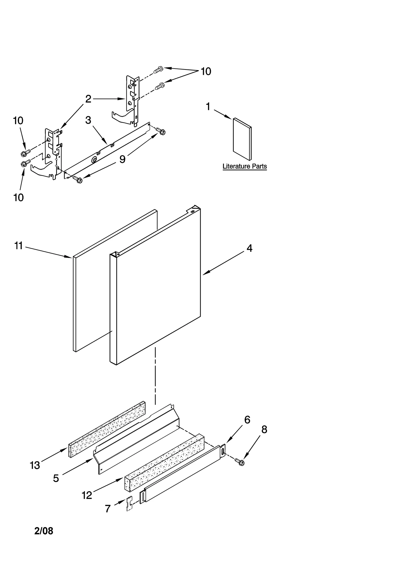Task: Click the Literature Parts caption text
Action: pos(244,166)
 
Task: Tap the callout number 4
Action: pos(249,248)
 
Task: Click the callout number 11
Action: pos(18,246)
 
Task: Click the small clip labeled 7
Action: pos(129,504)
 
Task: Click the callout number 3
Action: pos(88,120)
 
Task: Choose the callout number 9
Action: pos(122,159)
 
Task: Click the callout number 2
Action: pos(88,99)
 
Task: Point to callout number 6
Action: pos(247,420)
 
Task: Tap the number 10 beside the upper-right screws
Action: pos(206,71)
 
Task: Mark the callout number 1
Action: pos(208,107)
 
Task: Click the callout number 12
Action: pos(87,495)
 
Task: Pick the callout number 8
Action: pos(264,430)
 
